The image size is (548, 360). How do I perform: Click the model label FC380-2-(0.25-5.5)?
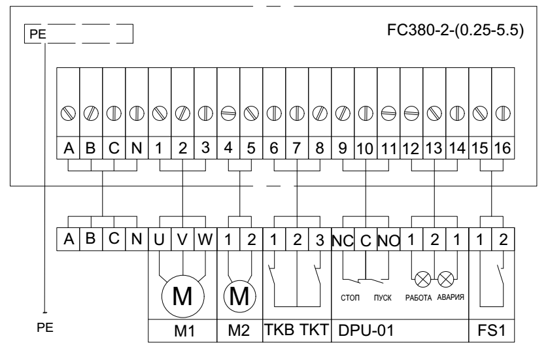[x=455, y=32]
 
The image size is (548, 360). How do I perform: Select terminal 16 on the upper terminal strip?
[x=503, y=148]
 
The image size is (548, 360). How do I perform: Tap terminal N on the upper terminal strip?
[x=137, y=148]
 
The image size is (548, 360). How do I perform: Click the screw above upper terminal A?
[x=68, y=112]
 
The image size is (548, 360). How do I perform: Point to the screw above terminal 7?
[x=297, y=112]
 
